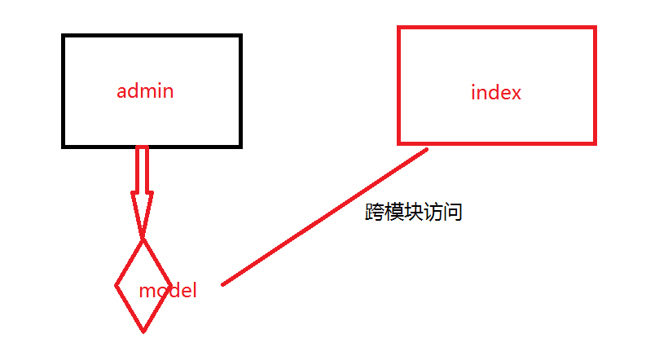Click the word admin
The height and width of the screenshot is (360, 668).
145,90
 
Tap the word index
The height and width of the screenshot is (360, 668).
496,93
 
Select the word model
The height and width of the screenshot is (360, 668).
168,290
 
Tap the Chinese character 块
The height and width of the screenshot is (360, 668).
414,213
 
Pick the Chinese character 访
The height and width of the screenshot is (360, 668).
433,213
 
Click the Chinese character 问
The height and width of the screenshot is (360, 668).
453,213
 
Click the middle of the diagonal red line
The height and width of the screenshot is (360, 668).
325,217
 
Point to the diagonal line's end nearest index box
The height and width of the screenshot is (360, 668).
426,150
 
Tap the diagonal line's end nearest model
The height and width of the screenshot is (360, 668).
223,284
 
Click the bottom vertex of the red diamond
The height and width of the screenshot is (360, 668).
143,331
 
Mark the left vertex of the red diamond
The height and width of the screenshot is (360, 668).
116,286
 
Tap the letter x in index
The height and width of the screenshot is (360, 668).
515,93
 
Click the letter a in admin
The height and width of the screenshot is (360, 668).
122,91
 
